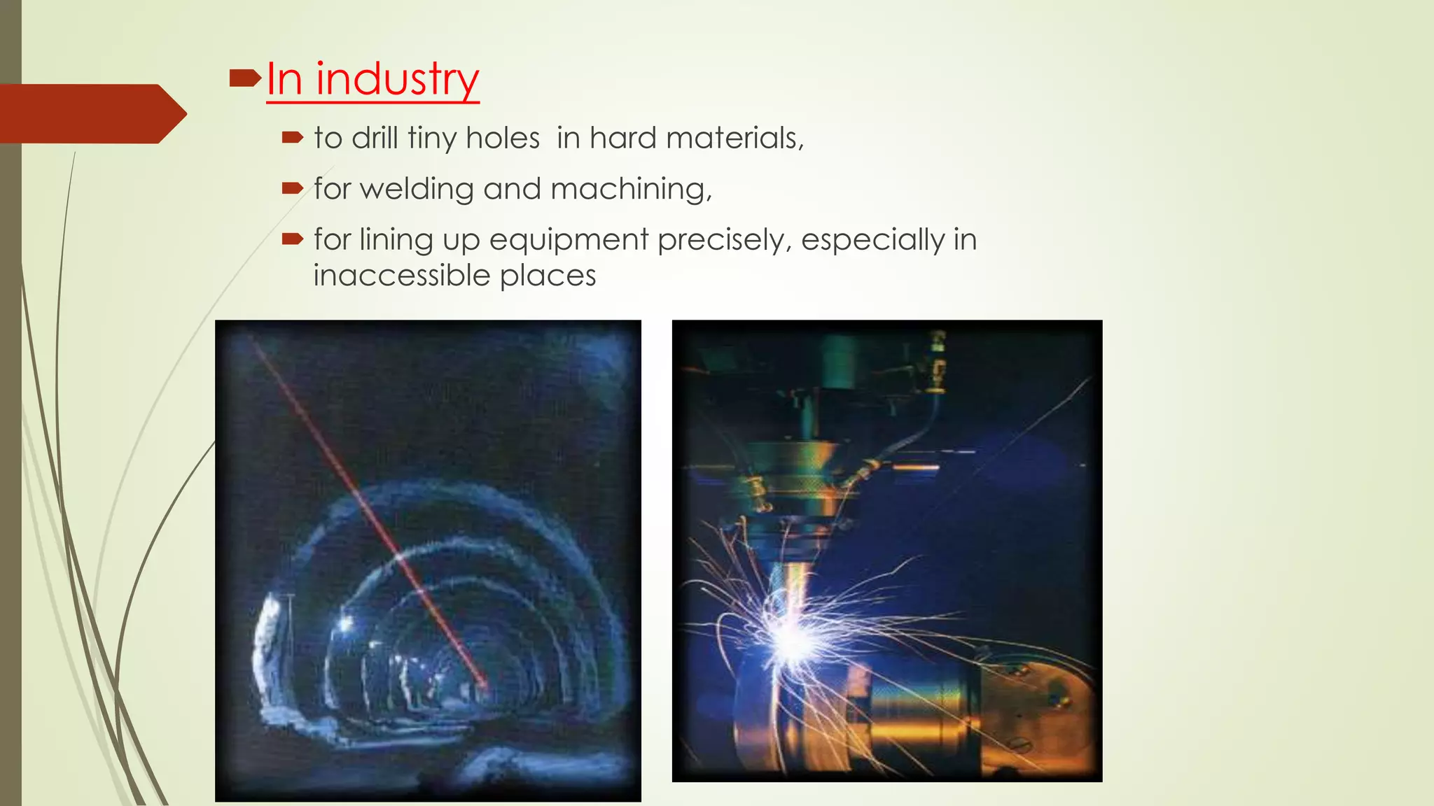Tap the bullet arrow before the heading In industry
(x=244, y=78)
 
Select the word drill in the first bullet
(x=375, y=138)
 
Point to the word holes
(x=502, y=138)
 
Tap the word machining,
(x=631, y=190)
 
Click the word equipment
(x=569, y=240)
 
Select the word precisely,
(x=725, y=240)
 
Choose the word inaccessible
(x=401, y=276)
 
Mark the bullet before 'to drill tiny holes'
(x=292, y=138)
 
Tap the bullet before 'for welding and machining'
(x=292, y=188)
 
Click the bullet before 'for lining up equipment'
(x=292, y=239)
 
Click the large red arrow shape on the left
(x=91, y=114)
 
